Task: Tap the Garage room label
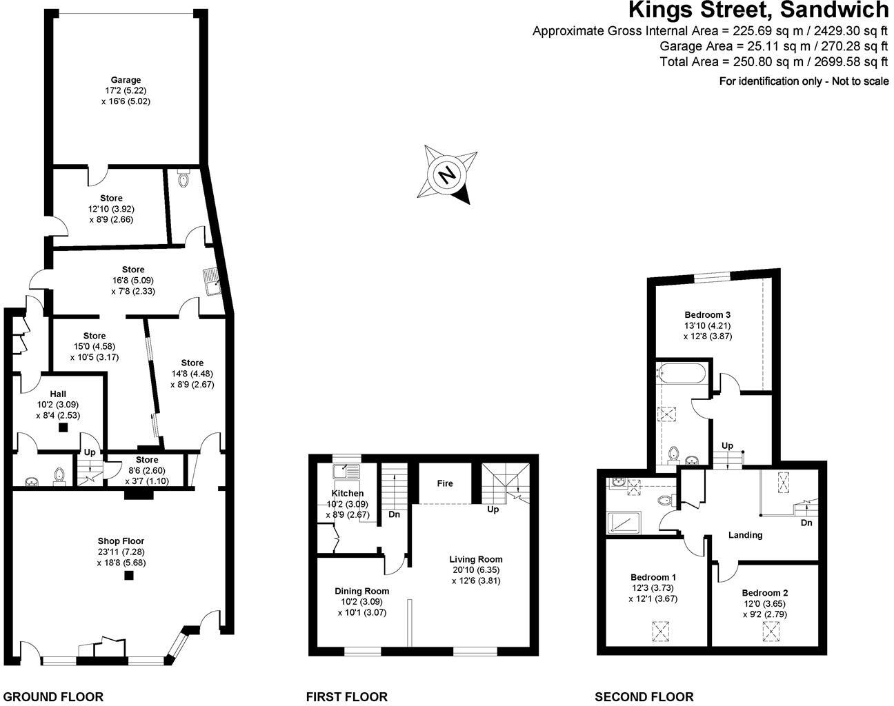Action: tap(126, 80)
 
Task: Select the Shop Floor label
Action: tap(121, 541)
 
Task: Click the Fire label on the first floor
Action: tap(445, 483)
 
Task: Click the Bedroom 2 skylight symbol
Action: tap(771, 629)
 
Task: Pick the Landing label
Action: tap(746, 535)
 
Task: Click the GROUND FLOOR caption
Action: tap(53, 697)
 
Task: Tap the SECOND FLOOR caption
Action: tap(644, 697)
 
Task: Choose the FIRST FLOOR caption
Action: tap(347, 697)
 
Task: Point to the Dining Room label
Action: tap(361, 591)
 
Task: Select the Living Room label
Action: tap(476, 559)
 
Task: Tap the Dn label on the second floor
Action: tap(806, 523)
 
